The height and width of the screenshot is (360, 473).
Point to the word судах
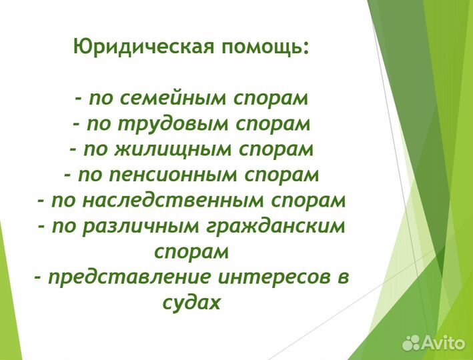click(191, 302)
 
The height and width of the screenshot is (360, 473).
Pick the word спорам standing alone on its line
click(191, 251)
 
